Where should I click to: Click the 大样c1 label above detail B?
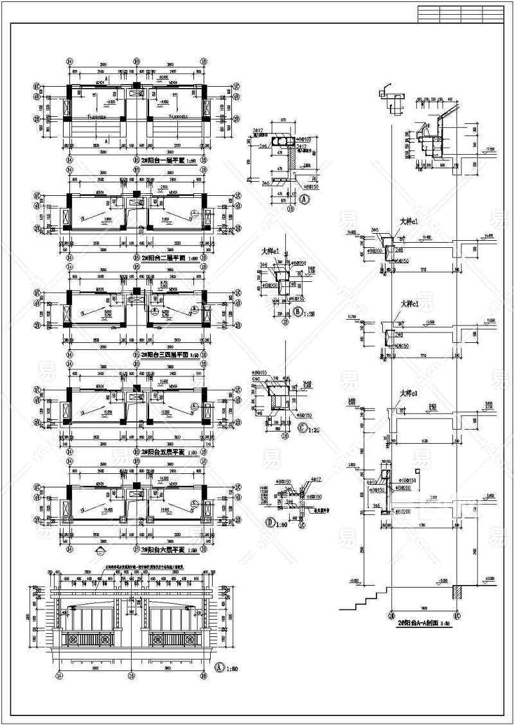[x=270, y=252]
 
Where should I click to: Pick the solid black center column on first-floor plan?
[x=136, y=85]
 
